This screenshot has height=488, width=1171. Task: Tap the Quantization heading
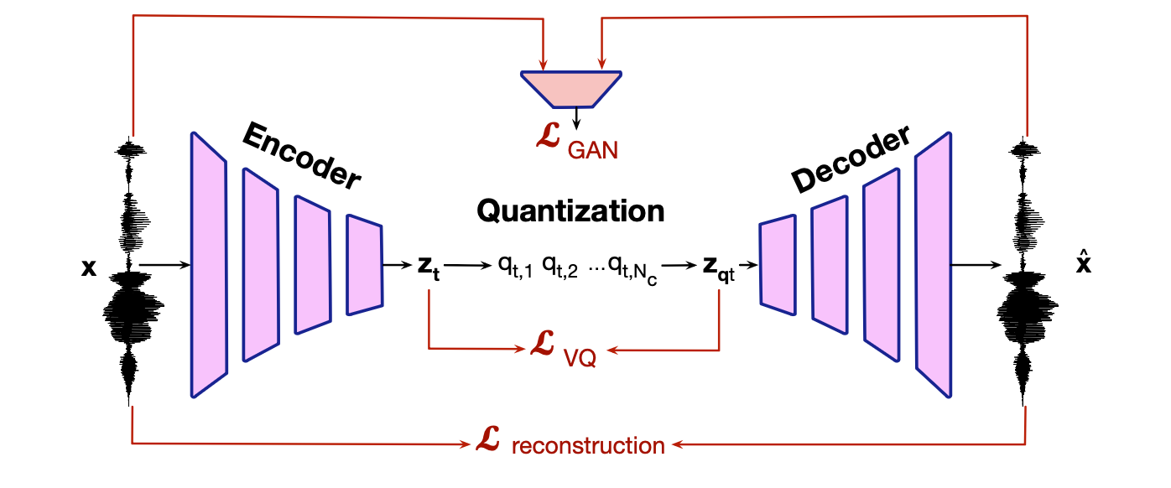[570, 210]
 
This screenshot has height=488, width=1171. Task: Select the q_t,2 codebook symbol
[560, 268]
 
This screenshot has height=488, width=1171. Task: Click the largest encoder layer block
[209, 264]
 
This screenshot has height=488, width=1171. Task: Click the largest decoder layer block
[933, 263]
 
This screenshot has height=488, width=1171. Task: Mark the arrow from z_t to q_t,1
[466, 267]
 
